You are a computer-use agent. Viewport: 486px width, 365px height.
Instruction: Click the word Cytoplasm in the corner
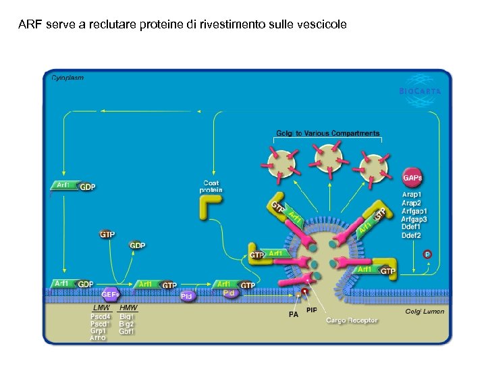click(x=67, y=78)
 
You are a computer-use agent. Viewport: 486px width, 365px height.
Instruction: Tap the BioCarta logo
click(x=420, y=91)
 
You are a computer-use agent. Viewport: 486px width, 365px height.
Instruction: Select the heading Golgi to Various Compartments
click(x=327, y=133)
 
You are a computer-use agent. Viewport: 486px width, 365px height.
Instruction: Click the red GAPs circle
click(x=412, y=178)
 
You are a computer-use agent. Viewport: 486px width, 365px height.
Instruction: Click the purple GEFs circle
click(x=111, y=294)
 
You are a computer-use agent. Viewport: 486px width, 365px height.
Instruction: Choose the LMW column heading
click(x=101, y=308)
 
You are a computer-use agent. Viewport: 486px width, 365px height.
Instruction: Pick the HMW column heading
click(x=128, y=308)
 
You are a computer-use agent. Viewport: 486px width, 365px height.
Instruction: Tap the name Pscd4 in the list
click(x=101, y=316)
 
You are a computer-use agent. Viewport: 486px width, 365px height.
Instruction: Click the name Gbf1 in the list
click(x=126, y=331)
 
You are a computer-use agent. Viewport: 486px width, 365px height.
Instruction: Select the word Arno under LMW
click(x=98, y=338)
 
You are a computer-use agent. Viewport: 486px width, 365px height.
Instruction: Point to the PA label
click(x=294, y=314)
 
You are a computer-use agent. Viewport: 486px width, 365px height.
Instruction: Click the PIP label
click(x=311, y=310)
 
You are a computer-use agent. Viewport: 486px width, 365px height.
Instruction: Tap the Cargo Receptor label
click(x=352, y=320)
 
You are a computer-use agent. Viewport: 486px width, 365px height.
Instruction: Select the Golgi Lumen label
click(x=425, y=311)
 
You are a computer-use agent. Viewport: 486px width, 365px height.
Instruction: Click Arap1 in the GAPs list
click(x=412, y=195)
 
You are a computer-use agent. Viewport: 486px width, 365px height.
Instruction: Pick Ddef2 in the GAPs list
click(x=412, y=235)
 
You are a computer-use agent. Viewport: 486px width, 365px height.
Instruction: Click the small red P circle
click(x=427, y=253)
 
